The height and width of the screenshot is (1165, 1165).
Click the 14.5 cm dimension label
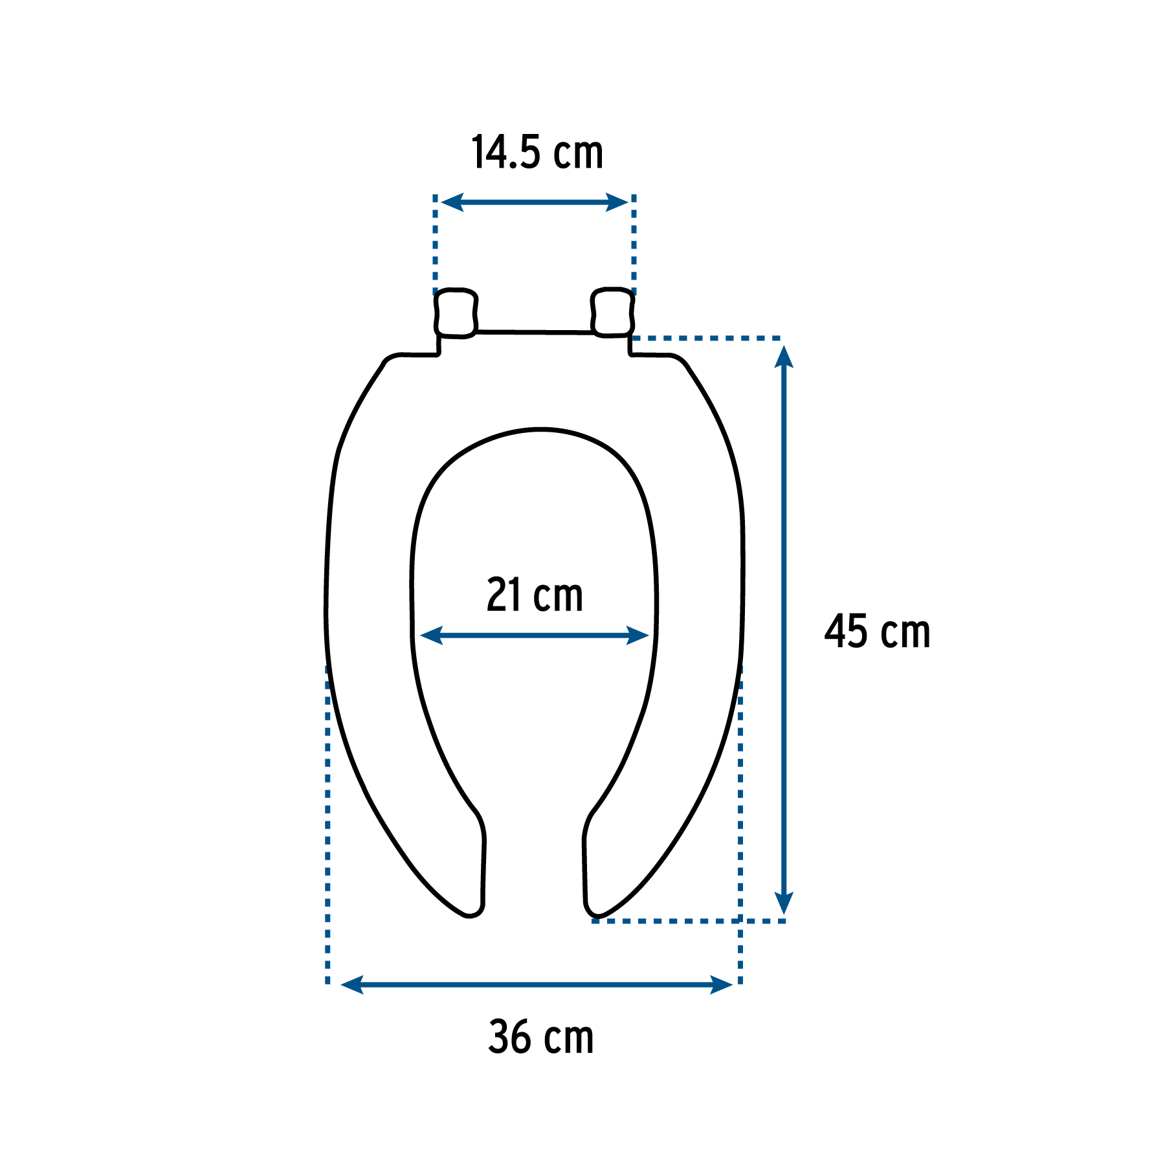pyautogui.click(x=537, y=153)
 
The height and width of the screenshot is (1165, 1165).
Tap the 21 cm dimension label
pyautogui.click(x=535, y=595)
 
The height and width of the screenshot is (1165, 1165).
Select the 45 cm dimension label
pyautogui.click(x=877, y=632)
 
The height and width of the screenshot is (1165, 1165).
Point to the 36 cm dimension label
pyautogui.click(x=541, y=1037)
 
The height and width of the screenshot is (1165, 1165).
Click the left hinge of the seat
pyautogui.click(x=456, y=313)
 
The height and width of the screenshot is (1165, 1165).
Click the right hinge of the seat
pyautogui.click(x=612, y=313)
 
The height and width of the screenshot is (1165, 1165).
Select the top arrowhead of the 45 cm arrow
pyautogui.click(x=784, y=357)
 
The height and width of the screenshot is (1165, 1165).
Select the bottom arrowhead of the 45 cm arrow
pyautogui.click(x=784, y=902)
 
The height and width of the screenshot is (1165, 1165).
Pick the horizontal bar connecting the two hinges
pyautogui.click(x=535, y=332)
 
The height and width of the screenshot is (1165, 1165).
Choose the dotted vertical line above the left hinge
pyautogui.click(x=435, y=243)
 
